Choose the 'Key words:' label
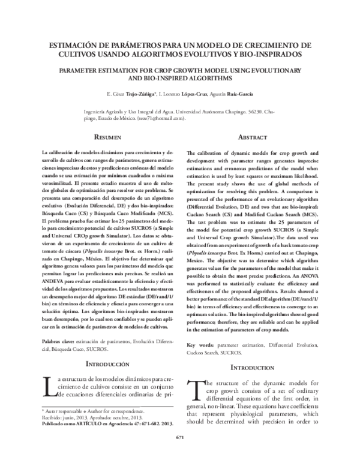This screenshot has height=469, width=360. (x=201, y=345)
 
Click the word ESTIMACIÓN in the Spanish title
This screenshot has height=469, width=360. (x=76, y=45)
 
